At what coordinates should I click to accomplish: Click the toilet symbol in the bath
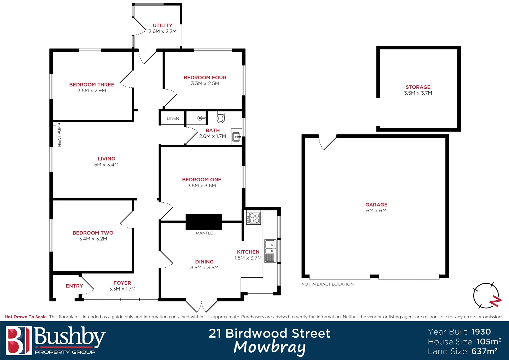click(221, 117)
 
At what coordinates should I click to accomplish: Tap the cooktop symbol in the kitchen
click(254, 218)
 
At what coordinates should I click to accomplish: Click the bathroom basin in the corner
click(236, 137)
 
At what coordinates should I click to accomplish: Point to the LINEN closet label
click(173, 118)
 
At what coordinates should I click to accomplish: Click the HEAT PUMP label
click(59, 135)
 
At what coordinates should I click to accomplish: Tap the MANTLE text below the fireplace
click(204, 233)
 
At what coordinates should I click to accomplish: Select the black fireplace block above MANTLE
click(204, 222)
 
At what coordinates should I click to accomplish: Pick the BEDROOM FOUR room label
click(205, 77)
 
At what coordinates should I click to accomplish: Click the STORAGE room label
click(418, 87)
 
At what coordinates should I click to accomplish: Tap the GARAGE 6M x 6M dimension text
click(376, 211)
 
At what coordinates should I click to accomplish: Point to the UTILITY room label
click(163, 25)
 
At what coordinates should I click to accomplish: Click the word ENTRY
click(74, 286)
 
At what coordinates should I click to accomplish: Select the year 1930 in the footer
click(481, 332)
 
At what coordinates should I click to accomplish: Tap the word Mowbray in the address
click(269, 347)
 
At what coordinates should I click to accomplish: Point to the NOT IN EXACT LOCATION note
click(327, 284)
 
